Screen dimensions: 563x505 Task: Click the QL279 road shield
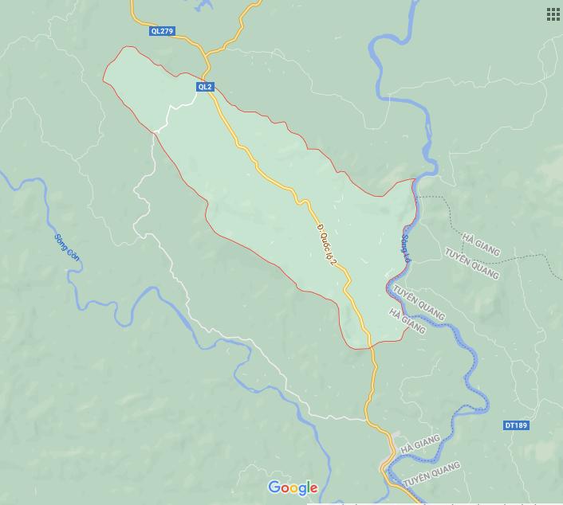161,31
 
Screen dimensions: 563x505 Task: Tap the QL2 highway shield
205,87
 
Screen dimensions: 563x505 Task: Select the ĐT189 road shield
516,425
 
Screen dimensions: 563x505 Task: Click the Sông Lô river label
406,249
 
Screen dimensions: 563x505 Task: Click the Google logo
293,487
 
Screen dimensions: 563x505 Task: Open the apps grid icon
553,14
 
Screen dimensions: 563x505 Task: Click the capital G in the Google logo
275,487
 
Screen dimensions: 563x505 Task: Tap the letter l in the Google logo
306,487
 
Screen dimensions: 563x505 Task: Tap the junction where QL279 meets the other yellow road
207,54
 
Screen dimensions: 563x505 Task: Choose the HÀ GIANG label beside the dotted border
481,245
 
